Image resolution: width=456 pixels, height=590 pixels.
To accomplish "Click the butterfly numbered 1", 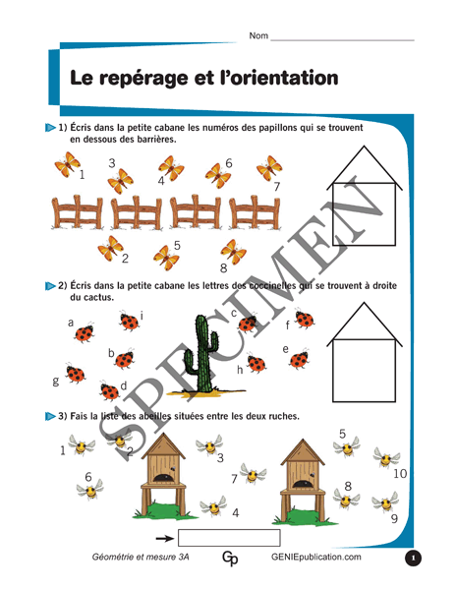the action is coord(67,164).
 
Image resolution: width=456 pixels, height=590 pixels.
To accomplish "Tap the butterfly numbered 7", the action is coord(269,168).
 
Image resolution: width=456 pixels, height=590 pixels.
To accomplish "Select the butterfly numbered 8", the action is coord(233,251).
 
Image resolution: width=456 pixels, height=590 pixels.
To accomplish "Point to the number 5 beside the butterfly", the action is coord(177,245).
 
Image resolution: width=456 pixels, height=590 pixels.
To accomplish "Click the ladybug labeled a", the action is coord(85,332).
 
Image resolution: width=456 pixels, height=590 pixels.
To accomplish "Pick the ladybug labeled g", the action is coord(76,374).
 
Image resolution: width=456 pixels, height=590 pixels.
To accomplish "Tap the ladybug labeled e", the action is coord(299,359).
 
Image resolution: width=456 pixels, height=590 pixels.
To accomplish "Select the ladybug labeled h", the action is coord(256,364).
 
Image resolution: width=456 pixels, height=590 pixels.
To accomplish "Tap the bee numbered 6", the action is coord(90,490).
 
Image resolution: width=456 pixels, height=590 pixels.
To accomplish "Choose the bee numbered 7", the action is coord(253,474).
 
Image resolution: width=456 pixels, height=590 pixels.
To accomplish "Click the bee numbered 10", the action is coord(386,457).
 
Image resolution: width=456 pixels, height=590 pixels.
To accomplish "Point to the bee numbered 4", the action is coord(213,506).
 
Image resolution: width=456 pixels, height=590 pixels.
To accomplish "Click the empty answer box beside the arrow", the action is coord(229,538).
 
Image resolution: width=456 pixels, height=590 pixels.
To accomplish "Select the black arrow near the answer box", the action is coord(165,539).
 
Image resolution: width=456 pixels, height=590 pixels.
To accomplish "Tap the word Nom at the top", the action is coord(258,35).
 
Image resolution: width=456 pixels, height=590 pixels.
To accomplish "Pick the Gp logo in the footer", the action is coord(230,559).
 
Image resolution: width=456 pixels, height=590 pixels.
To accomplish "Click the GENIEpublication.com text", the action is coord(316,557).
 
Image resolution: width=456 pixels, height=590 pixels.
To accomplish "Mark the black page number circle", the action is coord(413,558).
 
